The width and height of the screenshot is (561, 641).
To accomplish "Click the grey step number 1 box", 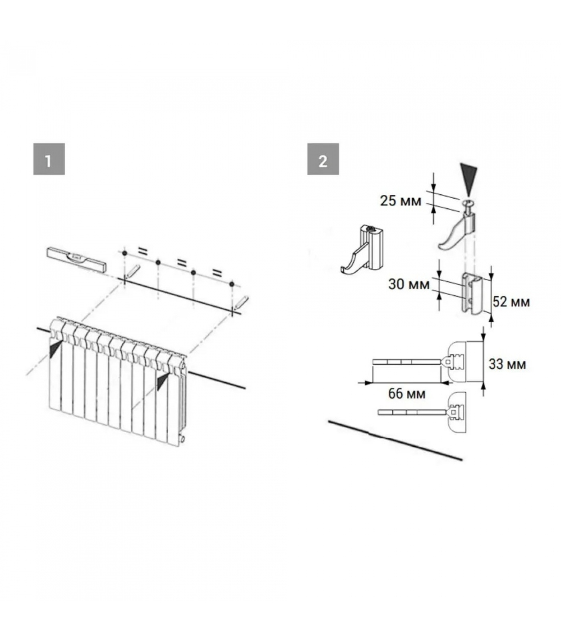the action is point(49,159).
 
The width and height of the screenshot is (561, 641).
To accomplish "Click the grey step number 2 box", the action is point(323,159).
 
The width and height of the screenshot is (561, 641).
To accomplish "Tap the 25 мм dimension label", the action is point(400,201).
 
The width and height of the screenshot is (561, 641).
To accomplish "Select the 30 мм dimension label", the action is point(409,284).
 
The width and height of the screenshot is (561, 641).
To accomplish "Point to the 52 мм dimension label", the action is point(511,302).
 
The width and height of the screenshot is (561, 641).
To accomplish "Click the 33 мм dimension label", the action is point(507,364).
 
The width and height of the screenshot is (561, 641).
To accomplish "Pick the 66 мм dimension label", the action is point(407,393).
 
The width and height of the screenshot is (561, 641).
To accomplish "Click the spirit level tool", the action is point(77,259).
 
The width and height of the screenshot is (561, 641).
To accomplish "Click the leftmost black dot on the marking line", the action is point(125,254).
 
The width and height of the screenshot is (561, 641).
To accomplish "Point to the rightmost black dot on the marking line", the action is point(232,284).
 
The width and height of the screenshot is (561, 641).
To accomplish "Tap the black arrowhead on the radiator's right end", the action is point(163,381).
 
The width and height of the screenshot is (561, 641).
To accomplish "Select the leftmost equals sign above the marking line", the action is point(143,251).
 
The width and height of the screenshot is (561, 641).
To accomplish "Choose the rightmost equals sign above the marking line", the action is point(217,273).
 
